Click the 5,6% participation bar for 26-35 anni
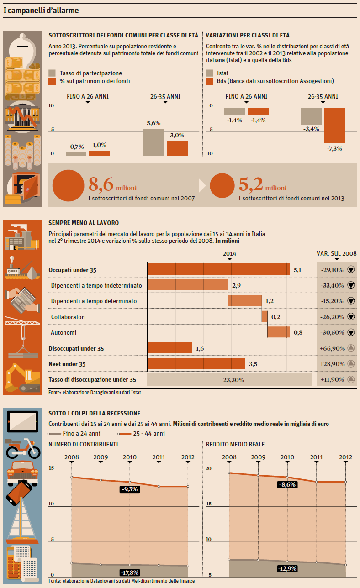154,142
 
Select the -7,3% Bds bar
334,125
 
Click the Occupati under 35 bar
218,269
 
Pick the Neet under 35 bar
196,364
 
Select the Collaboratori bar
265,316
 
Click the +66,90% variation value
332,348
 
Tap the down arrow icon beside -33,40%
351,285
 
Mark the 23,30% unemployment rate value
230,380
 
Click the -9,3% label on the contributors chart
129,489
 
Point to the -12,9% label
287,568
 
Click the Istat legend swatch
210,73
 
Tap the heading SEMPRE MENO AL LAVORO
84,223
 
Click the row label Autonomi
64,332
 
